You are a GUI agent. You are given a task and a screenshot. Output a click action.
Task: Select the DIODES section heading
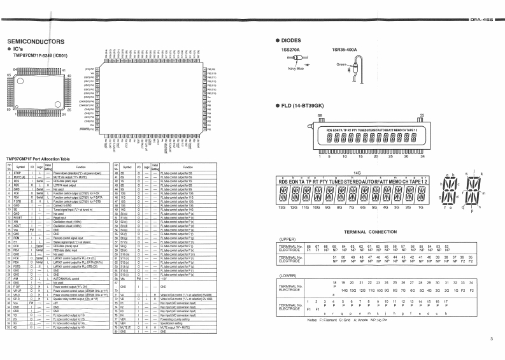pos(295,40)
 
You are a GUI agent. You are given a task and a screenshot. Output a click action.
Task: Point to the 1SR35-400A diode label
pos(344,50)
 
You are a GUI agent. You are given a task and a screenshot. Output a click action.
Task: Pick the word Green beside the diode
pos(341,64)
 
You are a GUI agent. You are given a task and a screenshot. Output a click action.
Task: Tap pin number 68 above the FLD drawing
pos(320,115)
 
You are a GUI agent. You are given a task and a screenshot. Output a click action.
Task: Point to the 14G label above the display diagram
pos(357,173)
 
